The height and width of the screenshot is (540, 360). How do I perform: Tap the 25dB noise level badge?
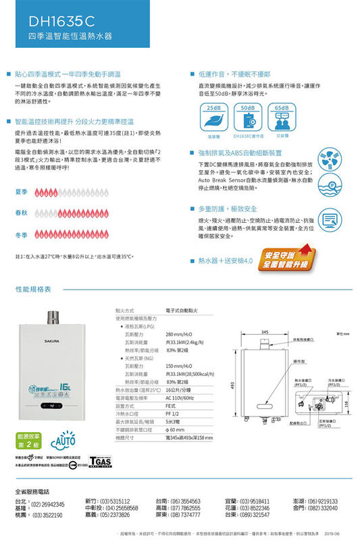(x=215, y=107)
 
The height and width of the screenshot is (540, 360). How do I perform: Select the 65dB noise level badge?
(x=282, y=107)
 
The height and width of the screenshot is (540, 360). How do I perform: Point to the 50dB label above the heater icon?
(x=247, y=107)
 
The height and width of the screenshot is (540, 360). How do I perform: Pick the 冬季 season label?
(x=21, y=236)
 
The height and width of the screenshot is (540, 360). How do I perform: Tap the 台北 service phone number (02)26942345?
(x=48, y=504)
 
